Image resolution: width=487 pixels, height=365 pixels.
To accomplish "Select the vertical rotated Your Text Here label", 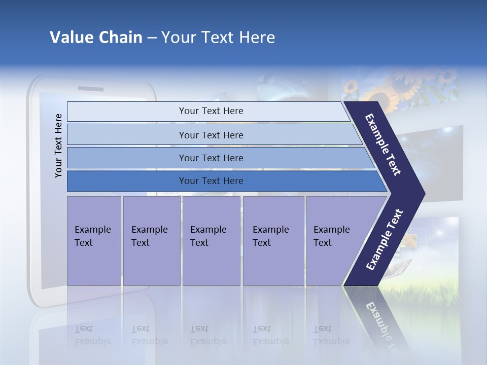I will click(58, 145).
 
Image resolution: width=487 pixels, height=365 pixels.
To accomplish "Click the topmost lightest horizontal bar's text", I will click(211, 111).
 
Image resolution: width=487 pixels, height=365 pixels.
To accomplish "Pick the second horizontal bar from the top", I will click(211, 135).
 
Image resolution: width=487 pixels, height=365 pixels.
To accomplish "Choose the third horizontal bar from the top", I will click(211, 158).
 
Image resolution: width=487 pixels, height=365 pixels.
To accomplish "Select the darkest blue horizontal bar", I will click(211, 181).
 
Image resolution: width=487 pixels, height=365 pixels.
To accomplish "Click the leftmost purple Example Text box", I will click(94, 240).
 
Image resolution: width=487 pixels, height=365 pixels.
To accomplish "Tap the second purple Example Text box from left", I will click(151, 240).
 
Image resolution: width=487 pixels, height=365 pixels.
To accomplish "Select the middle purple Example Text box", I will click(211, 240).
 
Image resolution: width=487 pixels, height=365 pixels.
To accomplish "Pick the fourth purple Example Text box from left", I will click(273, 240).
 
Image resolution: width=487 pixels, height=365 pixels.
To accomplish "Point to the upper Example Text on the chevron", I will click(384, 144).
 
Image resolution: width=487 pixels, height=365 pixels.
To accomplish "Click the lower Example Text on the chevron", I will click(385, 239).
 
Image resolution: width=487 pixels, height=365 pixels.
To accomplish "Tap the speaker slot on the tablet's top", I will click(91, 88).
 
